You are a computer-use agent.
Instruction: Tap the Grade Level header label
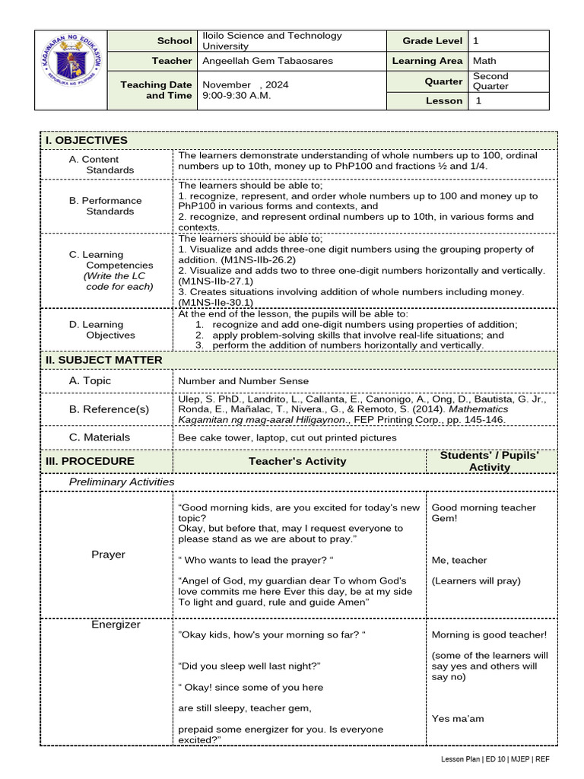[x=427, y=40]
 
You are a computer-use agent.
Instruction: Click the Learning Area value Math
[x=485, y=61]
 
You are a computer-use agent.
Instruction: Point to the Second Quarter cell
[x=490, y=81]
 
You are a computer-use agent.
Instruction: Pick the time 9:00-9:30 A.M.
[x=236, y=96]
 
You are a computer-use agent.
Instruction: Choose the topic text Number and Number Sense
[x=243, y=381]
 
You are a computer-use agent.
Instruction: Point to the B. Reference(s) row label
[x=109, y=409]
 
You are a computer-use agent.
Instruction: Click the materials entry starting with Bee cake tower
[x=287, y=437]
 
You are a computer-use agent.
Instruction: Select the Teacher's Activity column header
[x=297, y=461]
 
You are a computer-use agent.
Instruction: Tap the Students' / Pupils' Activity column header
[x=490, y=461]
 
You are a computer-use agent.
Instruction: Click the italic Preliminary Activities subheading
[x=122, y=482]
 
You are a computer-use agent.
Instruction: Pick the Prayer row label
[x=108, y=555]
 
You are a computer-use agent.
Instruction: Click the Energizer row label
[x=116, y=625]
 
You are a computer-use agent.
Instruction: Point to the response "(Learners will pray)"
[x=476, y=580]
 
